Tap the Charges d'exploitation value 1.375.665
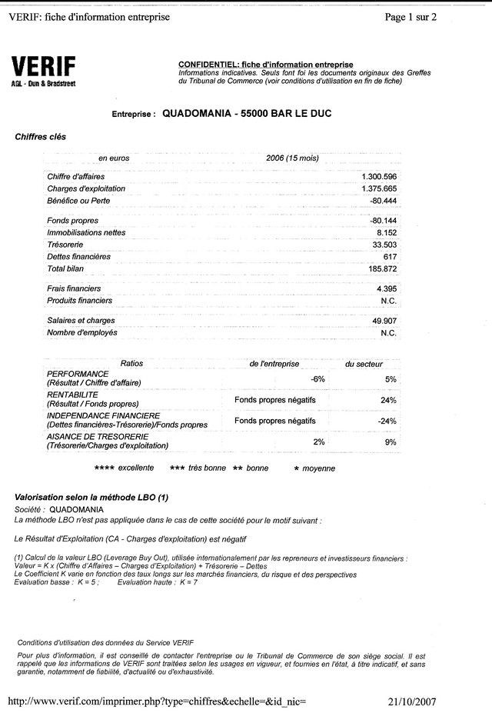click(x=378, y=188)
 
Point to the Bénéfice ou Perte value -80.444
click(x=383, y=200)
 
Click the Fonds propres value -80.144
click(x=383, y=221)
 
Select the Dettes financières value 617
click(x=390, y=256)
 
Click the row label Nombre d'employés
click(x=82, y=332)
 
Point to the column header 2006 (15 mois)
click(x=292, y=158)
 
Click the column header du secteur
click(x=364, y=363)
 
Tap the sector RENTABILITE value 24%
click(x=387, y=400)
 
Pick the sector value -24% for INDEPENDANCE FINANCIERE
click(x=387, y=421)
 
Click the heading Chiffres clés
click(x=41, y=137)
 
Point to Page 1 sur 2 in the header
click(x=411, y=17)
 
